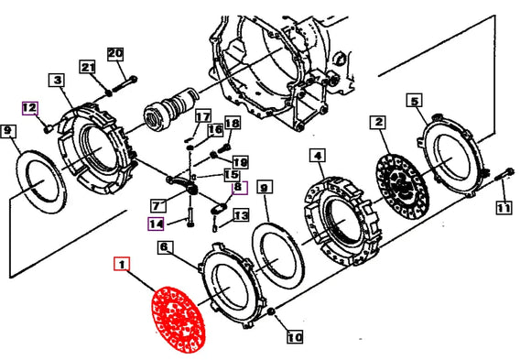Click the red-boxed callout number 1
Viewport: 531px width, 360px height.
[x=121, y=266]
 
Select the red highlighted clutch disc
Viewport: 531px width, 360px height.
[x=180, y=318]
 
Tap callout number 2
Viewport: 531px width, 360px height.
[x=378, y=122]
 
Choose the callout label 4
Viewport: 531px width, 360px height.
[x=318, y=157]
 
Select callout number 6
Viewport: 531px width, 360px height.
[x=164, y=247]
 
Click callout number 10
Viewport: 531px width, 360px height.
[x=293, y=336]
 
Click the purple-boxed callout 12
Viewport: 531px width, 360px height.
[x=29, y=107]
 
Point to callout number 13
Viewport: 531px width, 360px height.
[x=240, y=216]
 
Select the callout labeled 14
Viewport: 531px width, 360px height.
[x=157, y=223]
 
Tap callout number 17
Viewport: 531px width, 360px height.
[x=202, y=116]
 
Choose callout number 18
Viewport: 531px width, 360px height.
[x=232, y=124]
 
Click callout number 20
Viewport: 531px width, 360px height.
[x=114, y=54]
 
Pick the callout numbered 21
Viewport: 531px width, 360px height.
[x=87, y=67]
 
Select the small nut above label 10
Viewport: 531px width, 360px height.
[x=274, y=316]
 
